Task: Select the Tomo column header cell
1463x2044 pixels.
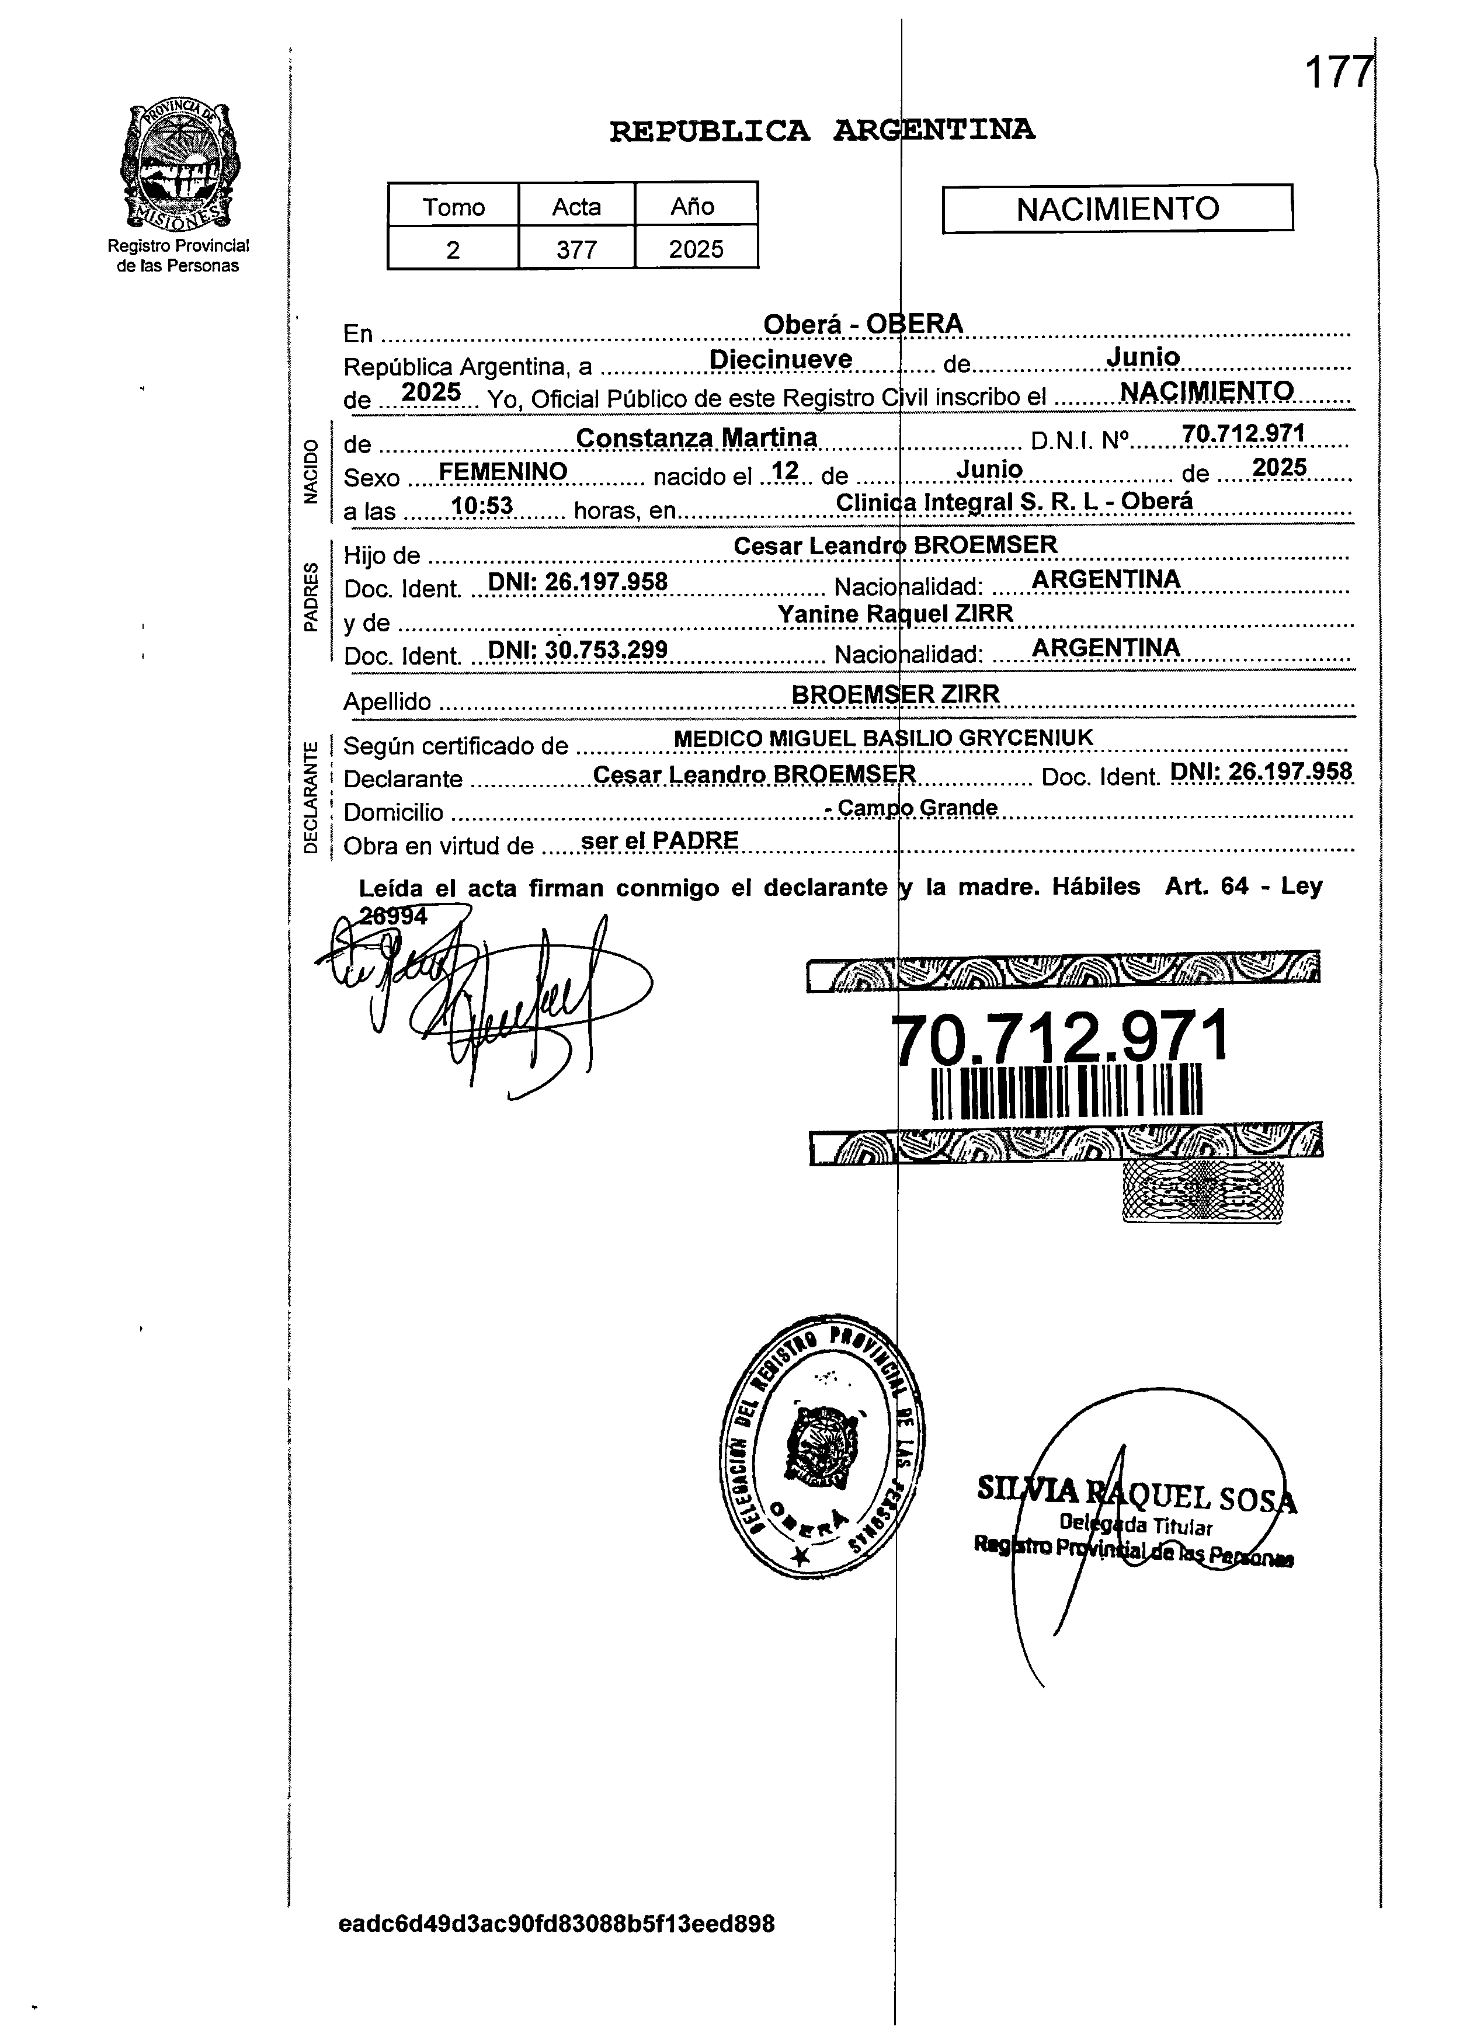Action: click(453, 206)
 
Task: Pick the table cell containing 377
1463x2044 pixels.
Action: click(576, 249)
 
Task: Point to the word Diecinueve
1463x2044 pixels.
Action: click(780, 359)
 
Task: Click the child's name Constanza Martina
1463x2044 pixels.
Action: click(696, 438)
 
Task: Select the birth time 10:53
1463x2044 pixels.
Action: click(482, 506)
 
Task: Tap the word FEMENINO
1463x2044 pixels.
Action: click(503, 472)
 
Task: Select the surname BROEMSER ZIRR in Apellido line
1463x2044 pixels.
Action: click(895, 694)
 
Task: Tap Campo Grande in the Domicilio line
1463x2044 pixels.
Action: click(917, 808)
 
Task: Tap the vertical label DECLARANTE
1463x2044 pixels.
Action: click(311, 797)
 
